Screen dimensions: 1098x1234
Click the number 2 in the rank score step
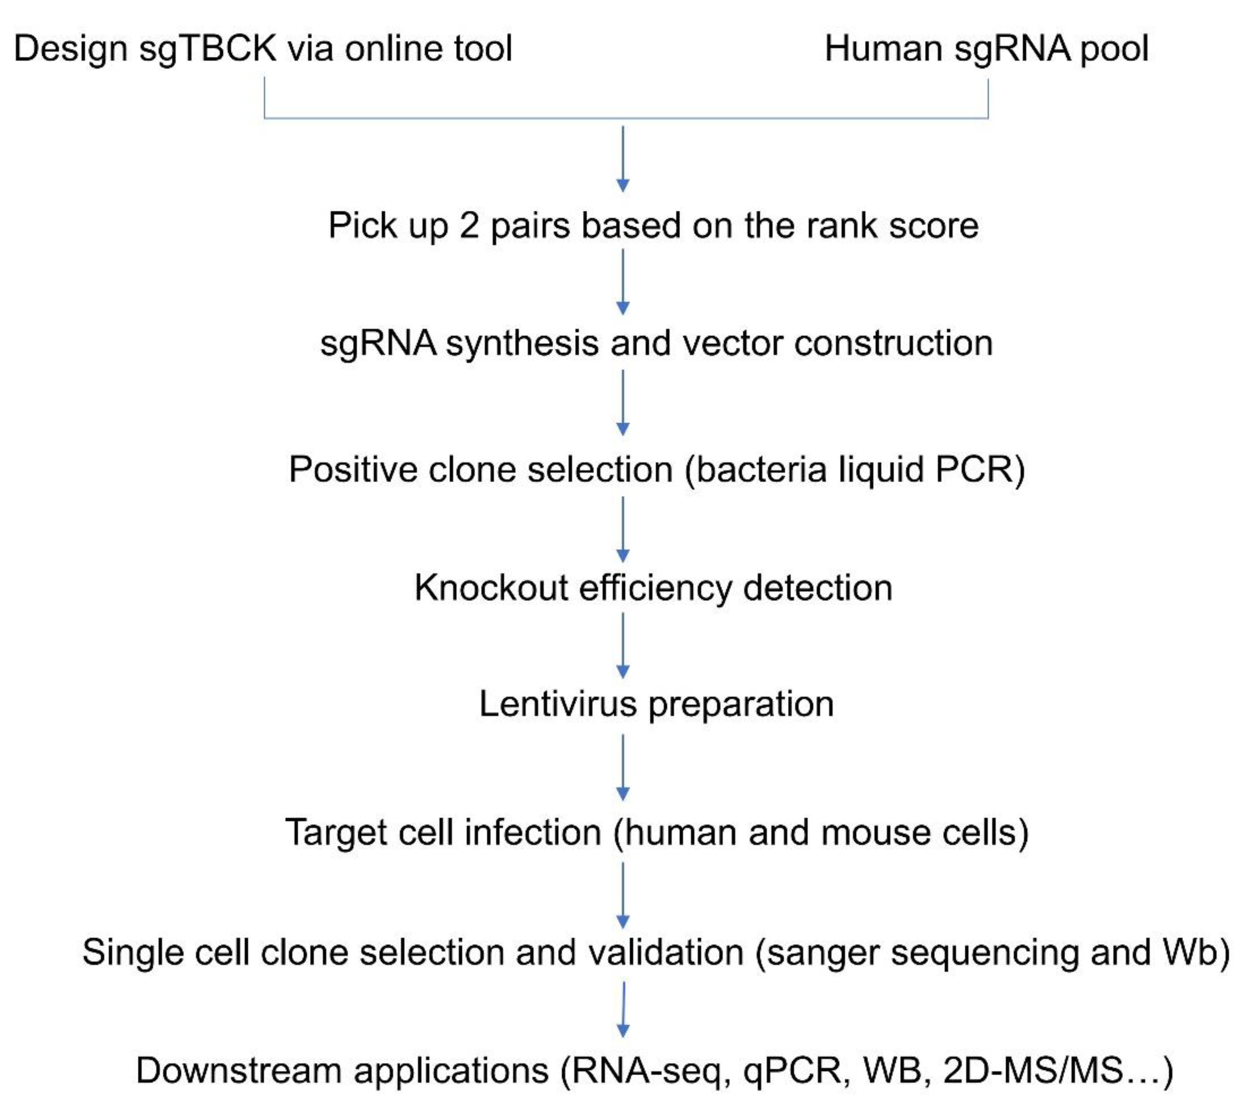pyautogui.click(x=469, y=226)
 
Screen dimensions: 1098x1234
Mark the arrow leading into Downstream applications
pyautogui.click(x=623, y=1009)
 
